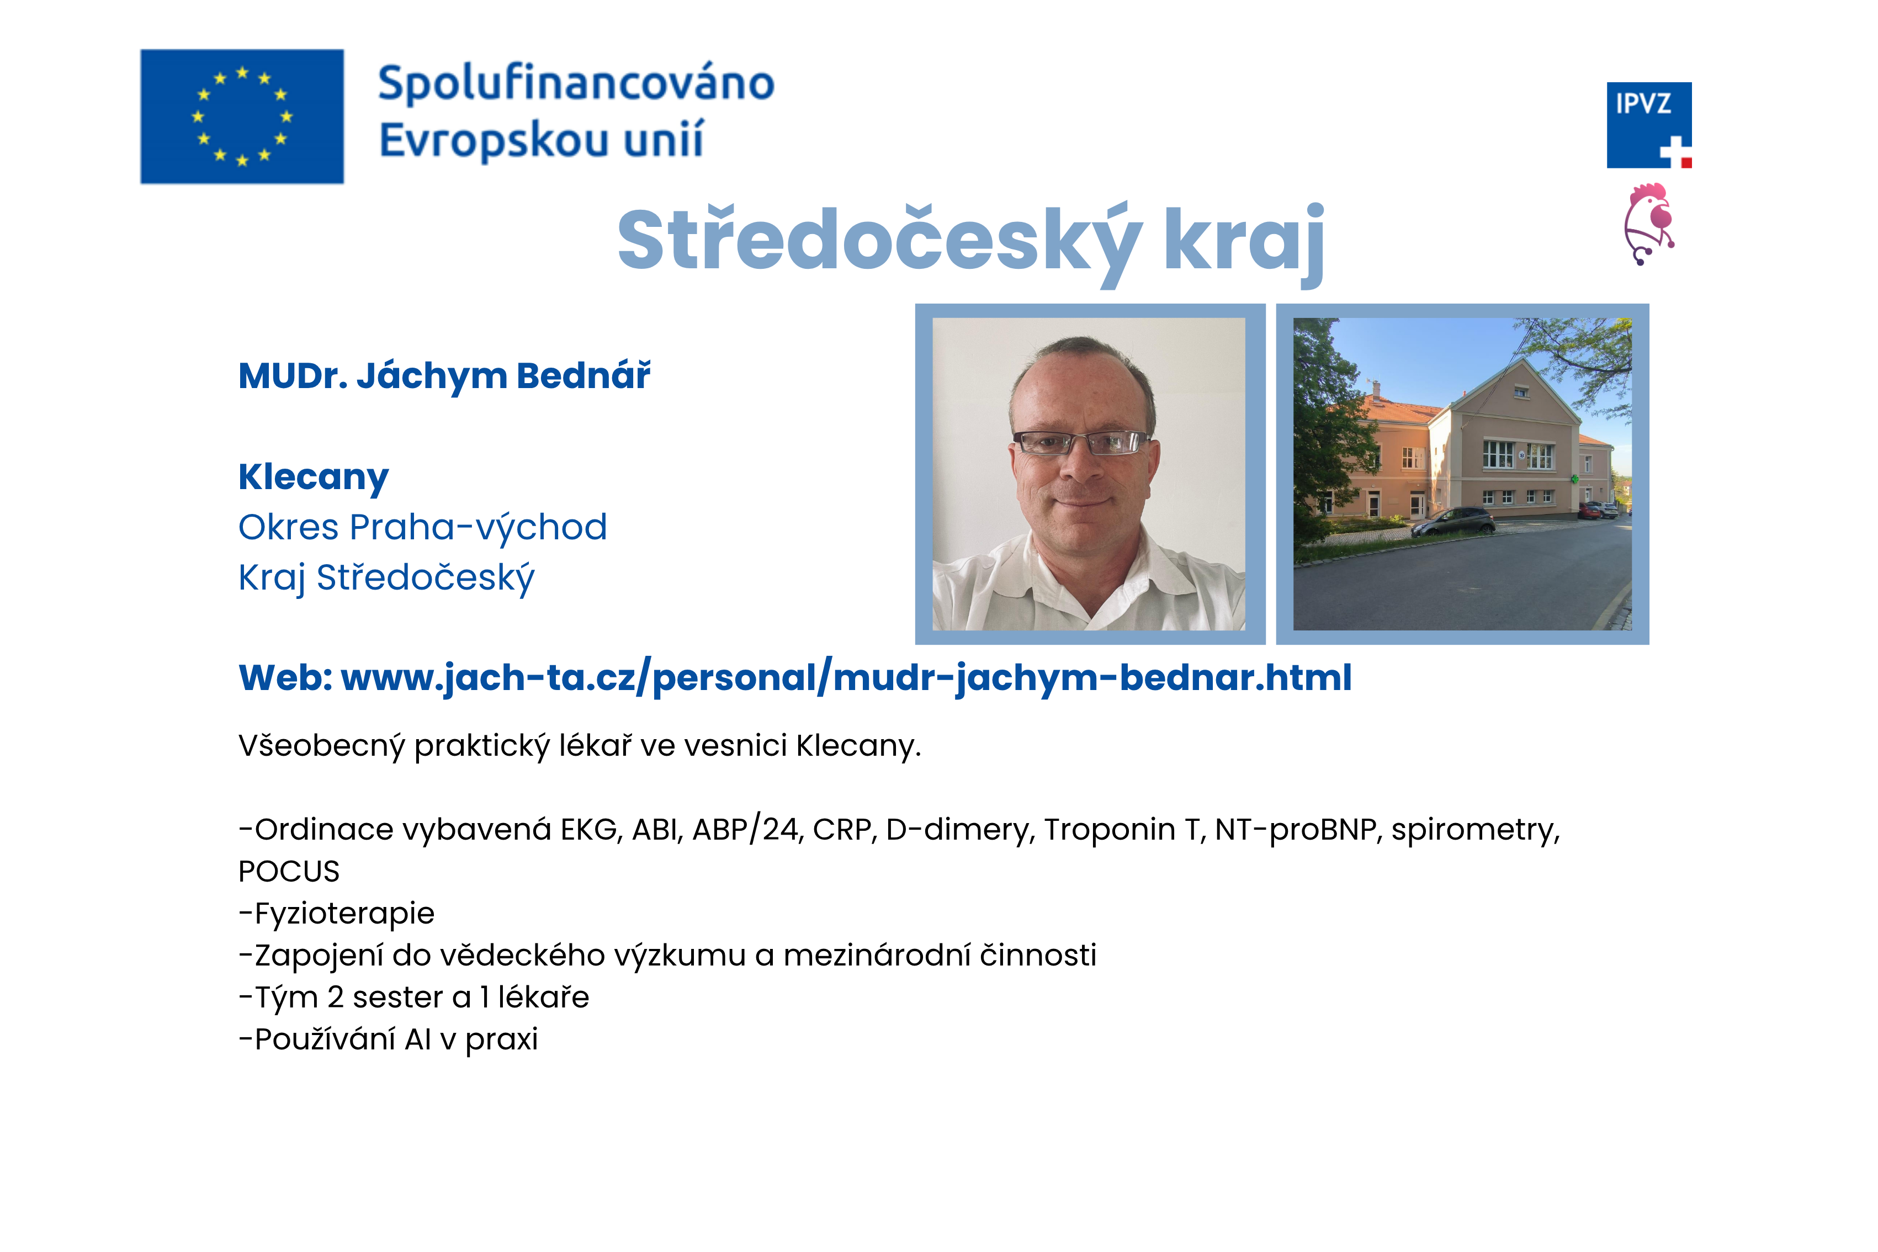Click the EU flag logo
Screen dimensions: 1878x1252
coord(242,116)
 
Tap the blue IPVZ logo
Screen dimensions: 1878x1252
coord(1649,125)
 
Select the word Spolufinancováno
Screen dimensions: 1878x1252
coord(576,84)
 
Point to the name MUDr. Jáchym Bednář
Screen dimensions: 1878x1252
coord(445,376)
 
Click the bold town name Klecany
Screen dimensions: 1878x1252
coord(314,478)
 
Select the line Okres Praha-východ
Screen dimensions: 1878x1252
coord(422,528)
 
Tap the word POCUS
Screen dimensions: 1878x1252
coord(289,871)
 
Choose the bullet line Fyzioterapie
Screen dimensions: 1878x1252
coord(337,914)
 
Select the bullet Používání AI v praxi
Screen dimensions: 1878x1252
coord(389,1039)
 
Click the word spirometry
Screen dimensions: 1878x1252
coord(1476,830)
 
